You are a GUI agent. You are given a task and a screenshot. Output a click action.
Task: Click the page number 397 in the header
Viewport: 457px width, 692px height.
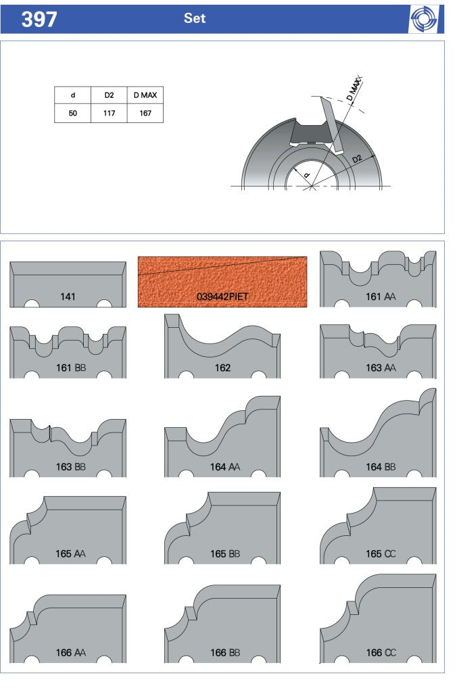point(39,20)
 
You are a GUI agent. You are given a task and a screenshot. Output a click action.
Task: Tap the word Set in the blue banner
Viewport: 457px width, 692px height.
point(195,18)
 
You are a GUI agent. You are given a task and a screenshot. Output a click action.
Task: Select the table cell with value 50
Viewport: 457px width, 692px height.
point(73,114)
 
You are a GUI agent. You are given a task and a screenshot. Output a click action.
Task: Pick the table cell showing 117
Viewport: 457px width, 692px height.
point(109,114)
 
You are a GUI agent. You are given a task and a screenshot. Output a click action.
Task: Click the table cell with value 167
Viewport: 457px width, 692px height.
point(145,114)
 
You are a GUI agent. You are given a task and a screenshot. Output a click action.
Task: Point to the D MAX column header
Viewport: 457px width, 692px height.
point(145,95)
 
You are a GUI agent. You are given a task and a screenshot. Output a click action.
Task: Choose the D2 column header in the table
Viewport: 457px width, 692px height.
point(109,95)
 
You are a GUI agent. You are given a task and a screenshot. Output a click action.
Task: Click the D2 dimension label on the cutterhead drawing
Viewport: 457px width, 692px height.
point(357,159)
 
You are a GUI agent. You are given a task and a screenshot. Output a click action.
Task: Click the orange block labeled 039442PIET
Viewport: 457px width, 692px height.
point(222,282)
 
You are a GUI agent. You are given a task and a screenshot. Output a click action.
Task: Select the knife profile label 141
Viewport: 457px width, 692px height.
point(68,297)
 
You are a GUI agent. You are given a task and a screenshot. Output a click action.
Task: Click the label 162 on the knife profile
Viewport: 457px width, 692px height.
point(222,368)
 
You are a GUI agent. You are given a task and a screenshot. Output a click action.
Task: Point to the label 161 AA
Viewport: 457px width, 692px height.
point(381,297)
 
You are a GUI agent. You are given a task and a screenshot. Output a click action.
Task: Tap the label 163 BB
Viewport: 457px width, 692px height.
point(71,466)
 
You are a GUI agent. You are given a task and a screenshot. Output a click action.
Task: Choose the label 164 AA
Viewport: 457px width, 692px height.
point(224,466)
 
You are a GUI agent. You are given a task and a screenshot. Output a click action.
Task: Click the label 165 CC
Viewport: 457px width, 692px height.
point(381,553)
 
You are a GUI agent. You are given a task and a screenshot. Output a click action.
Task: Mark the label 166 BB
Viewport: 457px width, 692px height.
point(224,652)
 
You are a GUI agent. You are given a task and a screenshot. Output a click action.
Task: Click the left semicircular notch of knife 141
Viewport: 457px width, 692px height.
point(31,303)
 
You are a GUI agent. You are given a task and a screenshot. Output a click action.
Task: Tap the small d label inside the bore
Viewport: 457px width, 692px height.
point(308,175)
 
